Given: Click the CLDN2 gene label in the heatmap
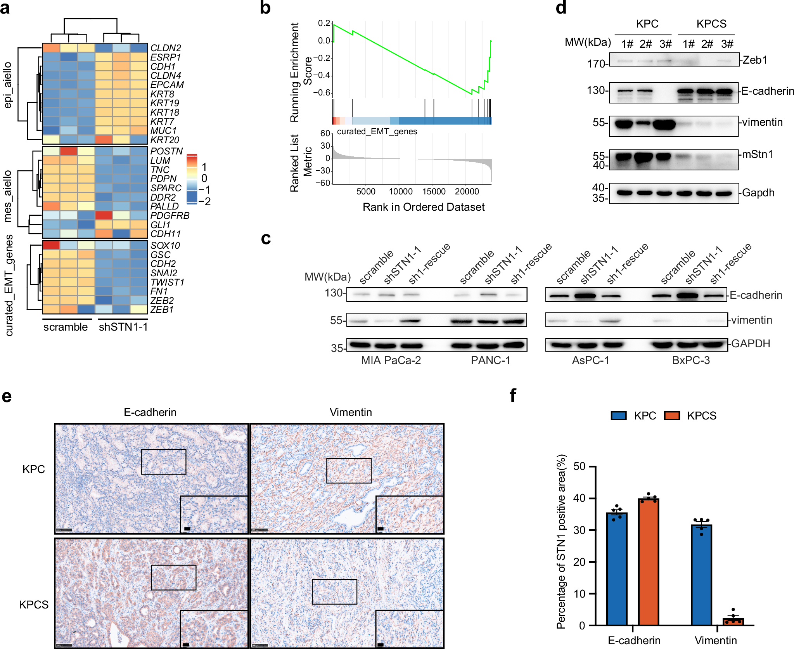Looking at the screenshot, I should pyautogui.click(x=166, y=48).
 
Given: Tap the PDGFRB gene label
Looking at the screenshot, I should pyautogui.click(x=170, y=216).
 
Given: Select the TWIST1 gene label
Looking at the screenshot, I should pyautogui.click(x=167, y=283).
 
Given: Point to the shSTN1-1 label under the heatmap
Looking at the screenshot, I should pyautogui.click(x=123, y=327).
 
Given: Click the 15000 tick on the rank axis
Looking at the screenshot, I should pyautogui.click(x=434, y=192).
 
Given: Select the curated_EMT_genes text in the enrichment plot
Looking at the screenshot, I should pyautogui.click(x=377, y=132).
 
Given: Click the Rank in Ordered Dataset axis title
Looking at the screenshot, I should pyautogui.click(x=423, y=207).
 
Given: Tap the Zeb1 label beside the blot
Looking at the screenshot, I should pyautogui.click(x=754, y=60).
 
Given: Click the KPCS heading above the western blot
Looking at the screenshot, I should pyautogui.click(x=711, y=24).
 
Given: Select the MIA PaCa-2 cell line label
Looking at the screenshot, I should pyautogui.click(x=391, y=361).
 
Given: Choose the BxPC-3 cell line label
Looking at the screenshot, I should pyautogui.click(x=691, y=361).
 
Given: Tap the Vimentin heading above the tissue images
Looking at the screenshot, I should pyautogui.click(x=351, y=413).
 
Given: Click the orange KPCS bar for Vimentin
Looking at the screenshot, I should pyautogui.click(x=733, y=621).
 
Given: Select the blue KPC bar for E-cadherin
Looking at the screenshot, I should pyautogui.click(x=617, y=569).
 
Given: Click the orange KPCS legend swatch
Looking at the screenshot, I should pyautogui.click(x=672, y=416).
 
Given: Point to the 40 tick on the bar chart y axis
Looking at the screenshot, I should pyautogui.click(x=579, y=498).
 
